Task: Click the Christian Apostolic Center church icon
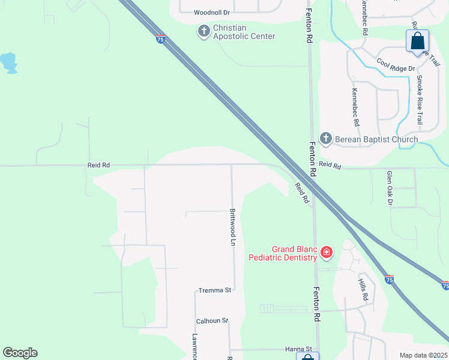coord(204,31)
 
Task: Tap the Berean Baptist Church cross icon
coord(326,139)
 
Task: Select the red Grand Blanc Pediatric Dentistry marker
coord(327,252)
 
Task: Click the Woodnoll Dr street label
coord(211,13)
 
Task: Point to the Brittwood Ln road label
coord(232,227)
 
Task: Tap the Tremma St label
coord(215,290)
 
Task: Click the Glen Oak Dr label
coord(389,187)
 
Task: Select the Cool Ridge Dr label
coord(396,65)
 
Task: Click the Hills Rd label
coord(363,290)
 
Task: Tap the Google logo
coord(20,353)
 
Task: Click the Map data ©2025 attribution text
coord(423,355)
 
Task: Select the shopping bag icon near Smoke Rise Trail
coord(417,41)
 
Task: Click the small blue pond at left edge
coord(8,62)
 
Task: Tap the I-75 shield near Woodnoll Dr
coord(160,39)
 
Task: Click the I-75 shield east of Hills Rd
coord(389,279)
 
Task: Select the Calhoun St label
coord(212,320)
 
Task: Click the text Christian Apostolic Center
coord(244,31)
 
